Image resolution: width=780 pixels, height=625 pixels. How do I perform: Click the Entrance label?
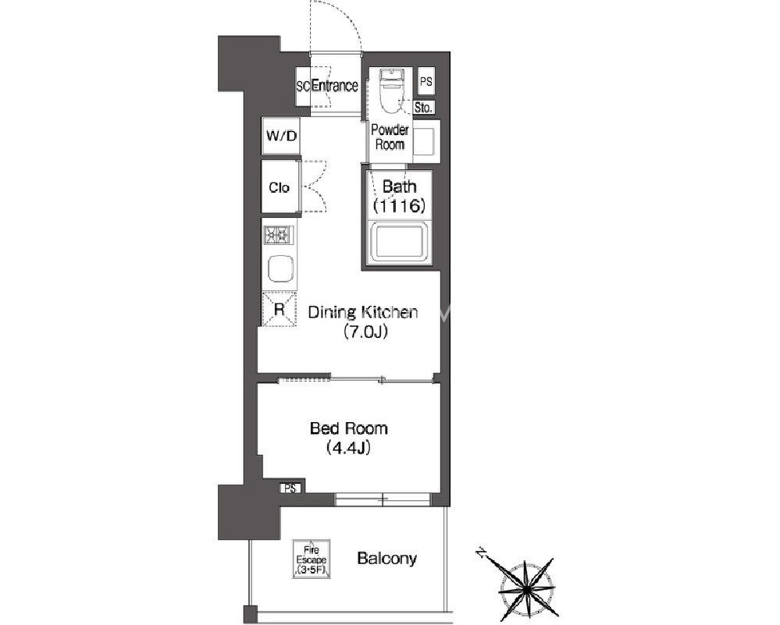[334, 86]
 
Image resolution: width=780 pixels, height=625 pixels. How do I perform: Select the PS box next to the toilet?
[426, 81]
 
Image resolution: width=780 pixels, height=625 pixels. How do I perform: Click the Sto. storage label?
[423, 108]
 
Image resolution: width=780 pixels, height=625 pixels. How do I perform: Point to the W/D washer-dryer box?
[281, 135]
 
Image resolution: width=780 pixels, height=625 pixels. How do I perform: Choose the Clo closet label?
[279, 187]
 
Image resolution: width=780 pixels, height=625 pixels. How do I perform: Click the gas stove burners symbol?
[279, 235]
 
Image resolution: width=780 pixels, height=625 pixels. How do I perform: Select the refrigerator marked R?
[279, 309]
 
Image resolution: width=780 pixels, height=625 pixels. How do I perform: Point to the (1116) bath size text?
[400, 205]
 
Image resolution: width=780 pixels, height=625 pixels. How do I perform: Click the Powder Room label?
[390, 137]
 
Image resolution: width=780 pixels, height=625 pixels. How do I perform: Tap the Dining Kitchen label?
[363, 312]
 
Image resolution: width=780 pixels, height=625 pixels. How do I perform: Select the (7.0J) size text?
[365, 331]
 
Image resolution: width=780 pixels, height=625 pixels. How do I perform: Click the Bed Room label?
[349, 428]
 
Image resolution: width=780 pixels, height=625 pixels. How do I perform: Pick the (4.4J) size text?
[349, 448]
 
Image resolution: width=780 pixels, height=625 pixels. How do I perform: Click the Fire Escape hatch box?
[312, 559]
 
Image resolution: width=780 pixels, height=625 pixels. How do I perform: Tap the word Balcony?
[387, 559]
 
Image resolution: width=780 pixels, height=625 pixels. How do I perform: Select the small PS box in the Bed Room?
[290, 488]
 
